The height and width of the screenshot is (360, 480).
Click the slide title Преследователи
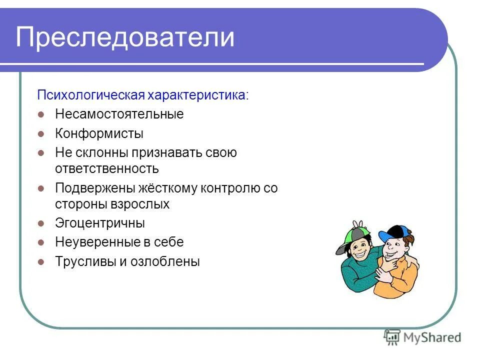(125, 37)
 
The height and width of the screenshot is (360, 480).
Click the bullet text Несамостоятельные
(119, 114)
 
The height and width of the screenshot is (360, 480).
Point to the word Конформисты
(99, 133)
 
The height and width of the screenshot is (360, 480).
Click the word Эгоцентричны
(100, 223)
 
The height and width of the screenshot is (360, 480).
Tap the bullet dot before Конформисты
(42, 133)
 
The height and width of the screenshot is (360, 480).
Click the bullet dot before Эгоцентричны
(42, 223)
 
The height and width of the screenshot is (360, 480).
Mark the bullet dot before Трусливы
(42, 261)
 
